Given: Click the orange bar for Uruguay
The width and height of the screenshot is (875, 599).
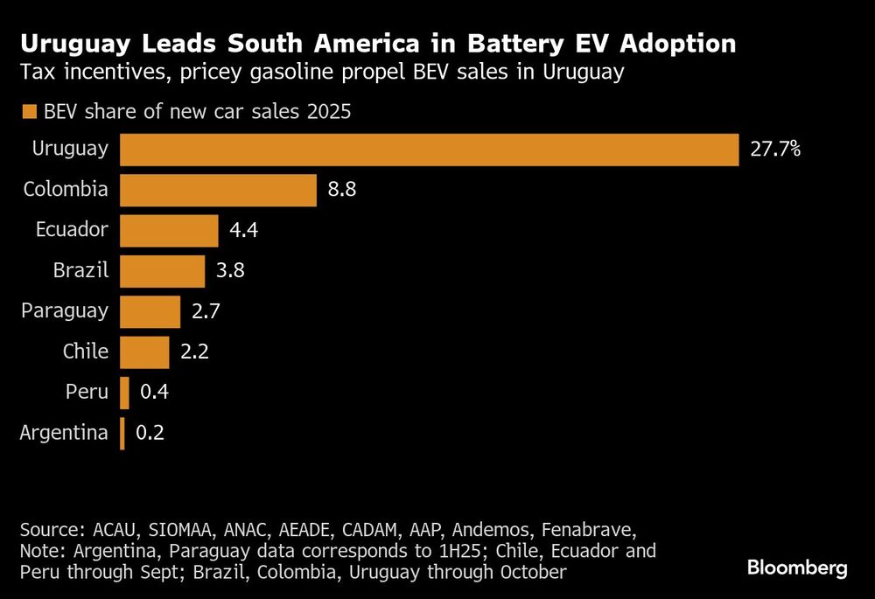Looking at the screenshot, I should (x=429, y=150).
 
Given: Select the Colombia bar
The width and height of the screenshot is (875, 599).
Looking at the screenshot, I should (x=218, y=190).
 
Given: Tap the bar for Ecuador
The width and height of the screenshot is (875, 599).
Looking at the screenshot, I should (x=169, y=231).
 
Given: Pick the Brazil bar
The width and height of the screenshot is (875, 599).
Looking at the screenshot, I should (x=162, y=271).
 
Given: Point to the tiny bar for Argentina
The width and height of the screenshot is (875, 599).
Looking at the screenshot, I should (x=122, y=433).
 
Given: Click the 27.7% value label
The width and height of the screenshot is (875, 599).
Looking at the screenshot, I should (x=775, y=150).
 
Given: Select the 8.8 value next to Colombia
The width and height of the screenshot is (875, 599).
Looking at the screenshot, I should (x=342, y=190).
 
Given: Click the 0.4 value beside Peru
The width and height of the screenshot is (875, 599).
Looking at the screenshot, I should (x=154, y=393).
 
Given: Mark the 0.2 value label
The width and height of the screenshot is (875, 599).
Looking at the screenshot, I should (x=150, y=433).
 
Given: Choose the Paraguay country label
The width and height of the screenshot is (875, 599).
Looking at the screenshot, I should (x=66, y=310).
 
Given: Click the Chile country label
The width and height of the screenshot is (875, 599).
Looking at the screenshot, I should (x=86, y=352).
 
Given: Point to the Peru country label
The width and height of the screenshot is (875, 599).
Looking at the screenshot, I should (x=87, y=392).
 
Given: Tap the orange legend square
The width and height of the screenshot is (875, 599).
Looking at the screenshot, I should (x=29, y=112).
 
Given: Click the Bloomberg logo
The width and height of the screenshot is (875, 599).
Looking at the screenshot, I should (x=797, y=568).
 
